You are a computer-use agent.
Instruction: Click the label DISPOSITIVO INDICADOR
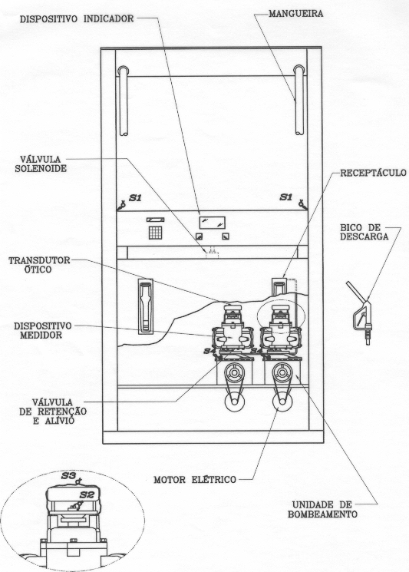(x=77, y=18)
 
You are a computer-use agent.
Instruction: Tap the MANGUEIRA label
(x=295, y=15)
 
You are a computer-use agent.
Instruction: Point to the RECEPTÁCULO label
(x=373, y=173)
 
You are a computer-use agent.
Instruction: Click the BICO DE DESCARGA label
(x=364, y=232)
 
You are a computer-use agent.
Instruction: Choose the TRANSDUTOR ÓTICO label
(x=39, y=265)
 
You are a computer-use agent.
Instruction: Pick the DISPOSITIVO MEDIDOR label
(x=43, y=330)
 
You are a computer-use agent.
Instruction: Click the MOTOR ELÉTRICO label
(x=195, y=479)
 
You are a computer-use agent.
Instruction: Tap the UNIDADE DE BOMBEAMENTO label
(x=322, y=510)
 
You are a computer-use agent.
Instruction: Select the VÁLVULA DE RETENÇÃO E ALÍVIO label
(x=53, y=411)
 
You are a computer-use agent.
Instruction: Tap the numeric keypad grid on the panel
(x=155, y=233)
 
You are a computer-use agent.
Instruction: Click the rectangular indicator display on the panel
(x=212, y=223)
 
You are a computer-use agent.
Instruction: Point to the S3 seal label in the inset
(x=68, y=476)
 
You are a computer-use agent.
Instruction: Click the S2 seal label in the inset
(x=87, y=495)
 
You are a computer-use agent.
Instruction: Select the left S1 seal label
(x=135, y=198)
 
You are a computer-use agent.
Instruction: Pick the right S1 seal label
(x=285, y=197)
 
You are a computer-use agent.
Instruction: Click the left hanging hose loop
(x=124, y=101)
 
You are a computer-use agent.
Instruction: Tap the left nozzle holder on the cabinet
(x=146, y=307)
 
